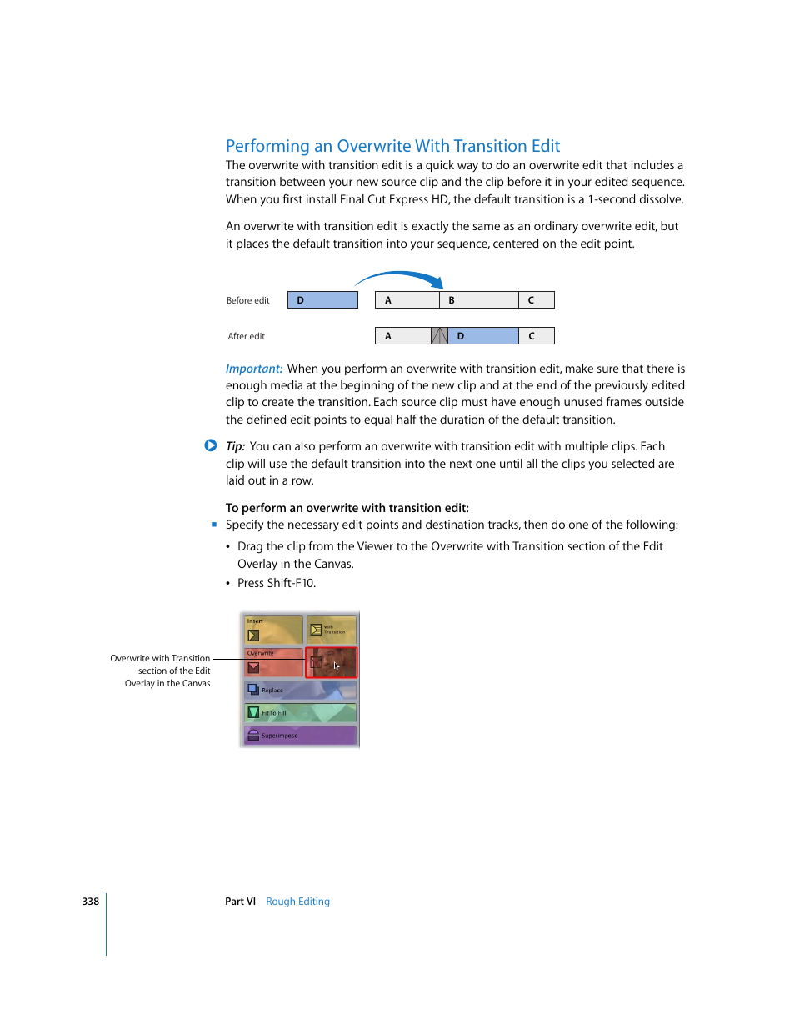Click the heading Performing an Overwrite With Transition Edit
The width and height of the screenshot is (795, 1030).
pos(392,146)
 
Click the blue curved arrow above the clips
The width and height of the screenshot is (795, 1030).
pos(400,276)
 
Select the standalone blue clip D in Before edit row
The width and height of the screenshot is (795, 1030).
pos(322,300)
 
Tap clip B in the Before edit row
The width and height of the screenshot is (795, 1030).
pos(478,300)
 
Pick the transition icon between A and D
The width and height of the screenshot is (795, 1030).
pos(439,336)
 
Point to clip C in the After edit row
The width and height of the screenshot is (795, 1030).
pos(536,336)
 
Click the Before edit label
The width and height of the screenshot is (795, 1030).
pos(248,301)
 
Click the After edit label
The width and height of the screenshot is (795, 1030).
pos(247,337)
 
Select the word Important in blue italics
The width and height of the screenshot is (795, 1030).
pos(254,369)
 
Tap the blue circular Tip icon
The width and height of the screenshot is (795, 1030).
pos(211,445)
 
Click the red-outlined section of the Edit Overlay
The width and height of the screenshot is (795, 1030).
pos(331,662)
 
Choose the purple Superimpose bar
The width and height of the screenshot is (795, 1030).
pos(300,736)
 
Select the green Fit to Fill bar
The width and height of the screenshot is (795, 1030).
pos(300,712)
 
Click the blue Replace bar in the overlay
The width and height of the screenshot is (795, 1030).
pos(300,690)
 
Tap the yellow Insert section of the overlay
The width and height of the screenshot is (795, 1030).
pos(272,630)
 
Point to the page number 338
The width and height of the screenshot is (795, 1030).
pos(90,902)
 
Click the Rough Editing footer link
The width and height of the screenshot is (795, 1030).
pos(297,902)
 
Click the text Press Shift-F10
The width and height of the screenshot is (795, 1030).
pos(277,583)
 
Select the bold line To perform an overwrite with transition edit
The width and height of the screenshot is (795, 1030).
pos(347,508)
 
